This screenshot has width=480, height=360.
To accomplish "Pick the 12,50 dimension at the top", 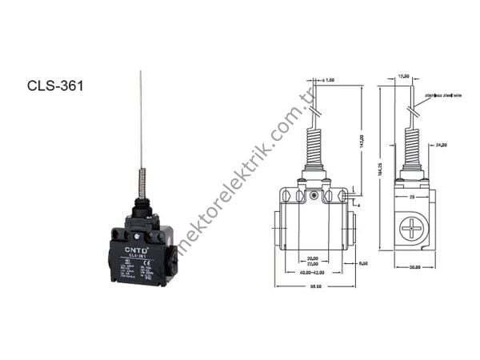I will point(404,77).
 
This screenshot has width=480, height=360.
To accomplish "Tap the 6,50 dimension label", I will point(362,262).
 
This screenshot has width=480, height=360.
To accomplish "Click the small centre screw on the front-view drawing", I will point(314,195).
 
